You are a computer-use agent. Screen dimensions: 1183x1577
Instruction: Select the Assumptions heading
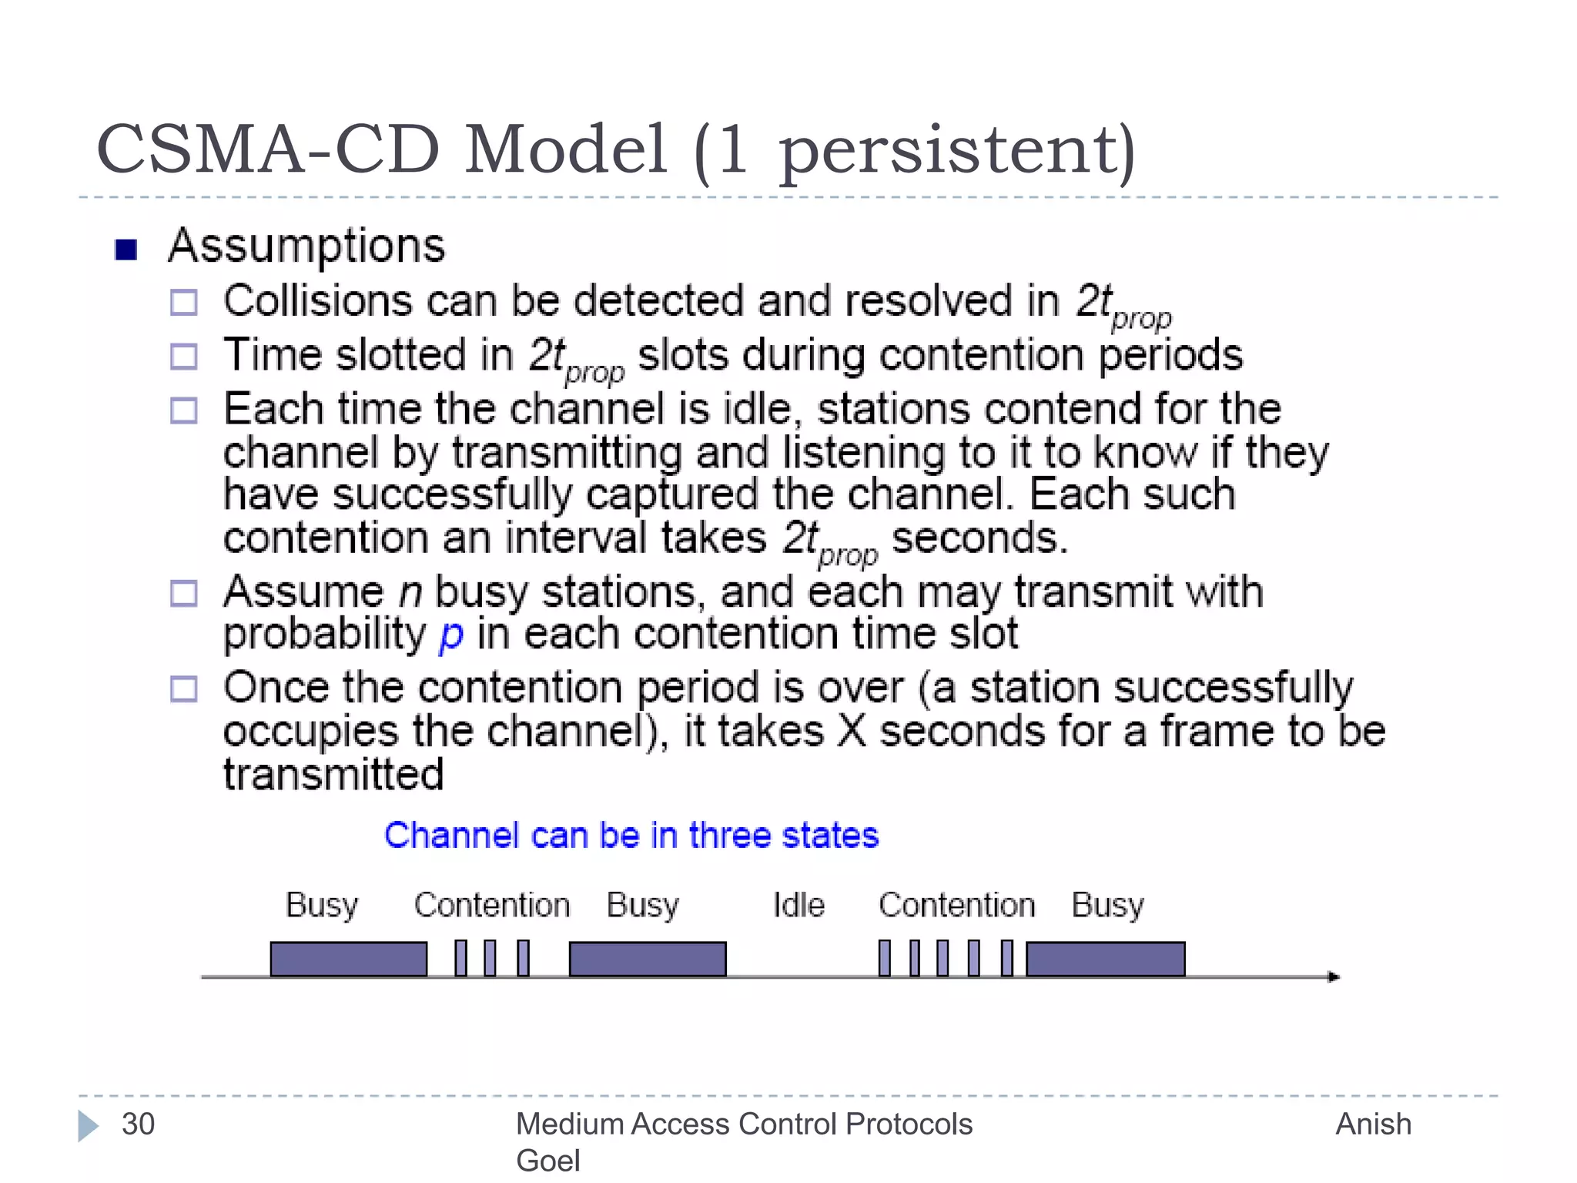[x=306, y=246]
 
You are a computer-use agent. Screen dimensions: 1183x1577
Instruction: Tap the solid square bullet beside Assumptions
[x=126, y=250]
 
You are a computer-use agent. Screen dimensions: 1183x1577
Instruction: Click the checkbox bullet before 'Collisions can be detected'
[x=184, y=302]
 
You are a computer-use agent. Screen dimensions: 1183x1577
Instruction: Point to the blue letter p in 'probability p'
[x=451, y=635]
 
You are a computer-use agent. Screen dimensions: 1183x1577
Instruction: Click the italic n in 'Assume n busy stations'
[x=410, y=593]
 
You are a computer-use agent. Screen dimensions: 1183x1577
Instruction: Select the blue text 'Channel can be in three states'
[x=631, y=836]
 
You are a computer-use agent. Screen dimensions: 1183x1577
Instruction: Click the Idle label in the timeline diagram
[x=799, y=905]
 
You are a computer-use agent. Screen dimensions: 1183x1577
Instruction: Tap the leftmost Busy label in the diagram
[x=322, y=905]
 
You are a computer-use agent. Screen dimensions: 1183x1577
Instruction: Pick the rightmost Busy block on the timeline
[x=1105, y=959]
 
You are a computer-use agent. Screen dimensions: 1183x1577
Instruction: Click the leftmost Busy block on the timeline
[x=349, y=959]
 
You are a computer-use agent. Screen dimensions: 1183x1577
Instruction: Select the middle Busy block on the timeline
[x=648, y=959]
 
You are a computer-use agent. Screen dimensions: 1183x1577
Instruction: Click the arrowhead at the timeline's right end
[x=1334, y=977]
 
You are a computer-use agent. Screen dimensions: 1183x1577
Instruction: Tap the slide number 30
[x=139, y=1124]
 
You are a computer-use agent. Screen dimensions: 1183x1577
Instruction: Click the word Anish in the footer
[x=1373, y=1124]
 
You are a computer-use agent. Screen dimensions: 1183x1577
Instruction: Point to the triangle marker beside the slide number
[x=88, y=1125]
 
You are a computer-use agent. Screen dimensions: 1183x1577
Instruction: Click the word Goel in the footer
[x=547, y=1161]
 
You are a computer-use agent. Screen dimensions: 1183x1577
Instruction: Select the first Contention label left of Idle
[x=492, y=905]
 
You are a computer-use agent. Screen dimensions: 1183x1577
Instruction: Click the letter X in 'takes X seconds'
[x=852, y=731]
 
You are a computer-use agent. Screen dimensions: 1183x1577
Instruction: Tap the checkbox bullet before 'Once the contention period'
[x=184, y=689]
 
